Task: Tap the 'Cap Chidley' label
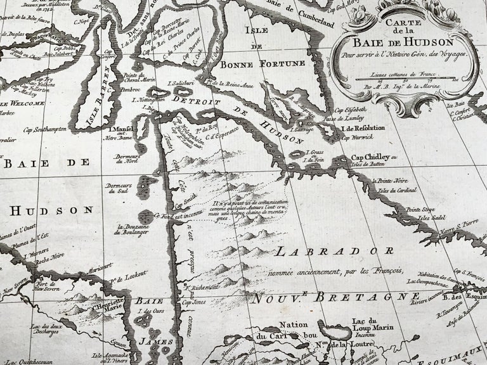[368, 158]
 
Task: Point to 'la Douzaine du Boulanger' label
[133, 228]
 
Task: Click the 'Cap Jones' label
[193, 304]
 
